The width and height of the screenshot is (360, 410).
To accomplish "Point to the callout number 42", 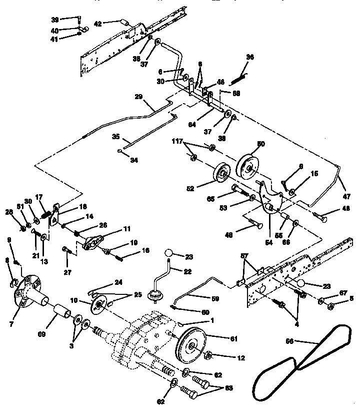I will (x=98, y=23).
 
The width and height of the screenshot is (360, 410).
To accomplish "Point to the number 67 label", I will (x=343, y=292).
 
